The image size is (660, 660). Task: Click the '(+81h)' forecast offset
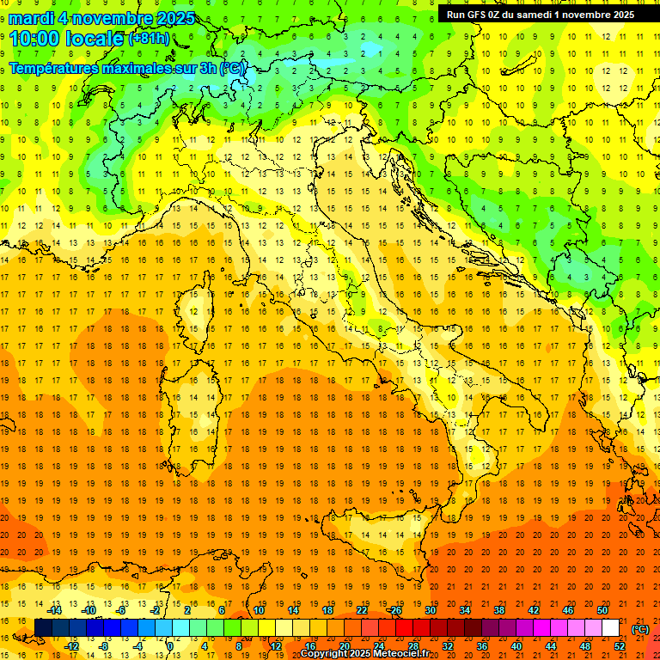[149, 39]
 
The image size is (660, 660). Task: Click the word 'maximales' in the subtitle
[141, 68]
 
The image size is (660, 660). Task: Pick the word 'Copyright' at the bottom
[325, 653]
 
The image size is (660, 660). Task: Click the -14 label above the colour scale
[54, 610]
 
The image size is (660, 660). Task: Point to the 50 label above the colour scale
[602, 610]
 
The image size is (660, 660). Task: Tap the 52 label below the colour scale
[619, 646]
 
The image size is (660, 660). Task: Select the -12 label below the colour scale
[71, 646]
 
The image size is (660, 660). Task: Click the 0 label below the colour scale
[171, 646]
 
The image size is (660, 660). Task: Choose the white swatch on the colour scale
[610, 628]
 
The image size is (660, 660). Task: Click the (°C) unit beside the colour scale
[640, 628]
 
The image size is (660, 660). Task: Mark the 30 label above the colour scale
[430, 610]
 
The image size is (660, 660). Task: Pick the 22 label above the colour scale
[362, 610]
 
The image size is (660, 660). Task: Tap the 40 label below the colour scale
[516, 646]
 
